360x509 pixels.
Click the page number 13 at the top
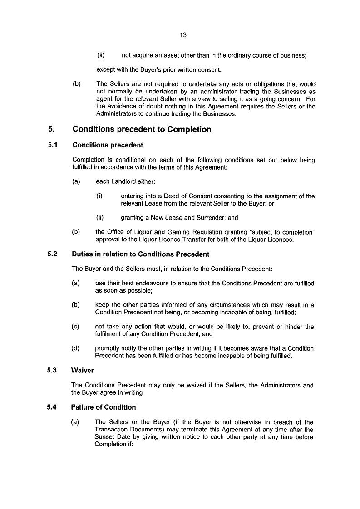pyautogui.click(x=183, y=35)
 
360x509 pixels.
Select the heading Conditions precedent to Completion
pyautogui.click(x=142, y=129)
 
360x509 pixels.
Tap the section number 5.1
pyautogui.click(x=52, y=145)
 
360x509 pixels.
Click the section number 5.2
pyautogui.click(x=52, y=254)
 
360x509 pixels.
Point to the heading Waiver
pyautogui.click(x=83, y=370)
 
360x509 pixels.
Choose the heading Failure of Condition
pyautogui.click(x=104, y=407)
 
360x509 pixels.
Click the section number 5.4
pyautogui.click(x=52, y=407)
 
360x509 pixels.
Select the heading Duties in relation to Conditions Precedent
pyautogui.click(x=140, y=254)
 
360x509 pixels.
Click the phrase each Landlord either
pyautogui.click(x=125, y=181)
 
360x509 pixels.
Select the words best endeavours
pyautogui.click(x=139, y=283)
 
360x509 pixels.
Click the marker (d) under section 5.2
pyautogui.click(x=76, y=348)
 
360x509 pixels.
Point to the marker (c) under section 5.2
pyautogui.click(x=76, y=327)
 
